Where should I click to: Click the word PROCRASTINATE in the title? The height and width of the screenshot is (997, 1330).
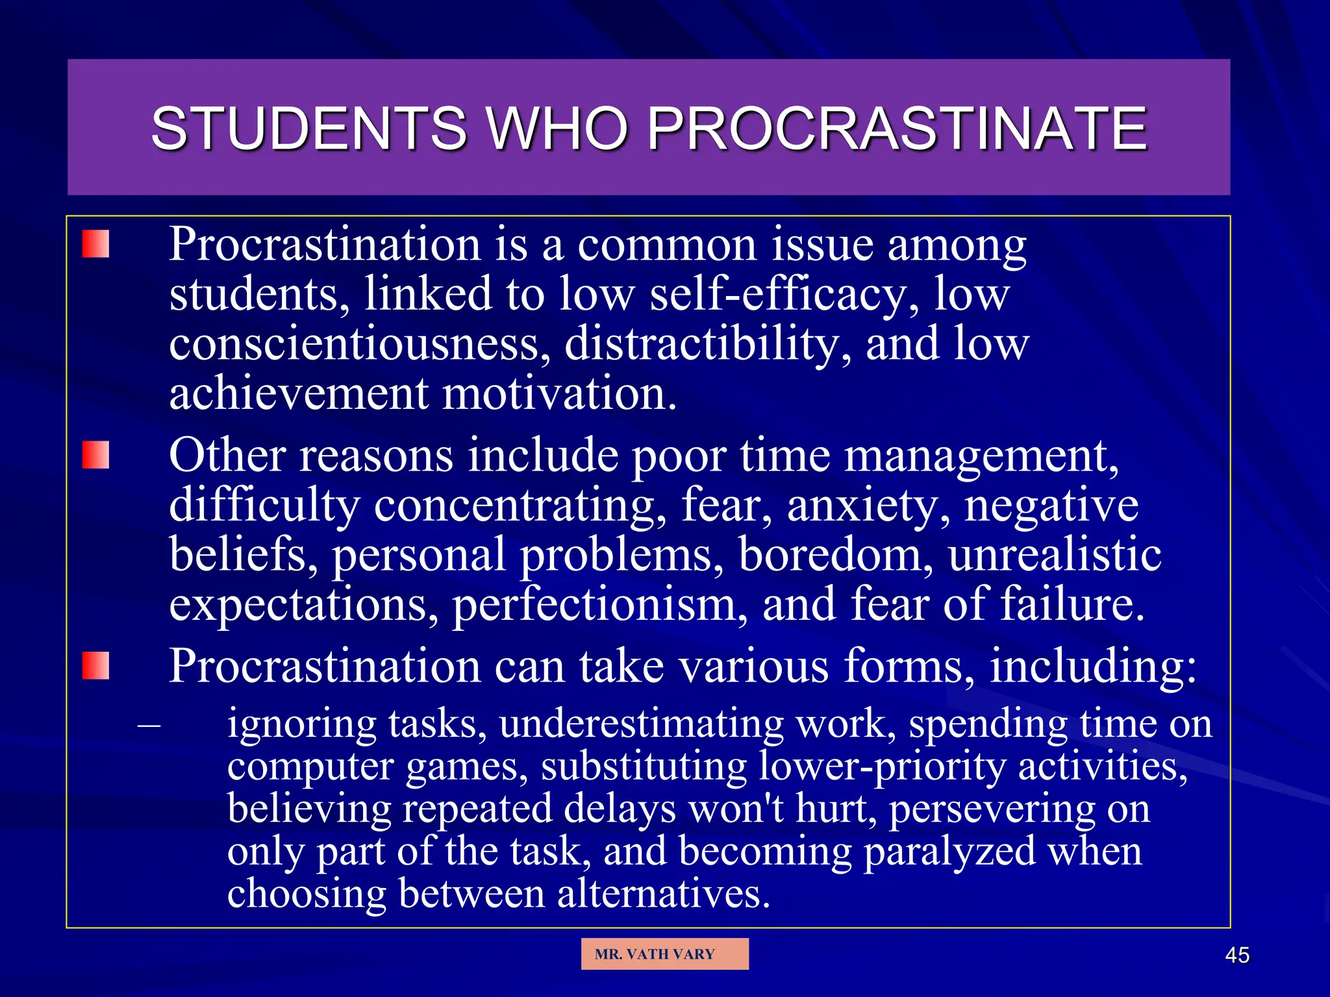click(x=897, y=129)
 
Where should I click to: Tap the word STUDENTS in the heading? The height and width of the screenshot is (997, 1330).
click(x=308, y=129)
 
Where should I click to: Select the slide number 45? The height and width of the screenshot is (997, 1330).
click(x=1236, y=955)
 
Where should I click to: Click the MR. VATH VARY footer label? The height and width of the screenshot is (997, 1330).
click(x=655, y=954)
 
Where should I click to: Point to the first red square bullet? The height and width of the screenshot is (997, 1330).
click(x=95, y=244)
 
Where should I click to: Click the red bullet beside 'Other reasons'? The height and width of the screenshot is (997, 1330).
click(x=95, y=455)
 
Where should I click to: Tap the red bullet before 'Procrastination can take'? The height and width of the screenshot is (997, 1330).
click(x=95, y=666)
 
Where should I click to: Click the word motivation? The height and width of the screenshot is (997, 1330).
click(x=558, y=393)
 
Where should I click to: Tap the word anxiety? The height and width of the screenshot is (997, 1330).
click(x=868, y=506)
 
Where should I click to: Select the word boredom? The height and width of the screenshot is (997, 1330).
click(x=835, y=555)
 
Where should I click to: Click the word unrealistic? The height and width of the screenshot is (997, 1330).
click(x=1054, y=555)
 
